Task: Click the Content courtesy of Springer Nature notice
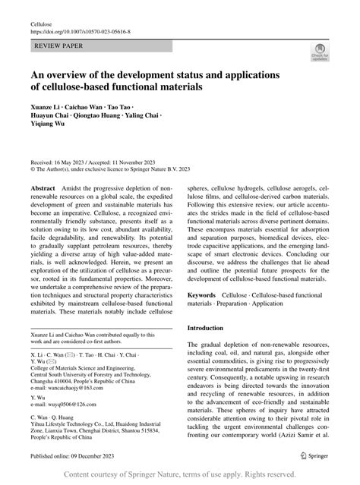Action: point(179,474)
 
